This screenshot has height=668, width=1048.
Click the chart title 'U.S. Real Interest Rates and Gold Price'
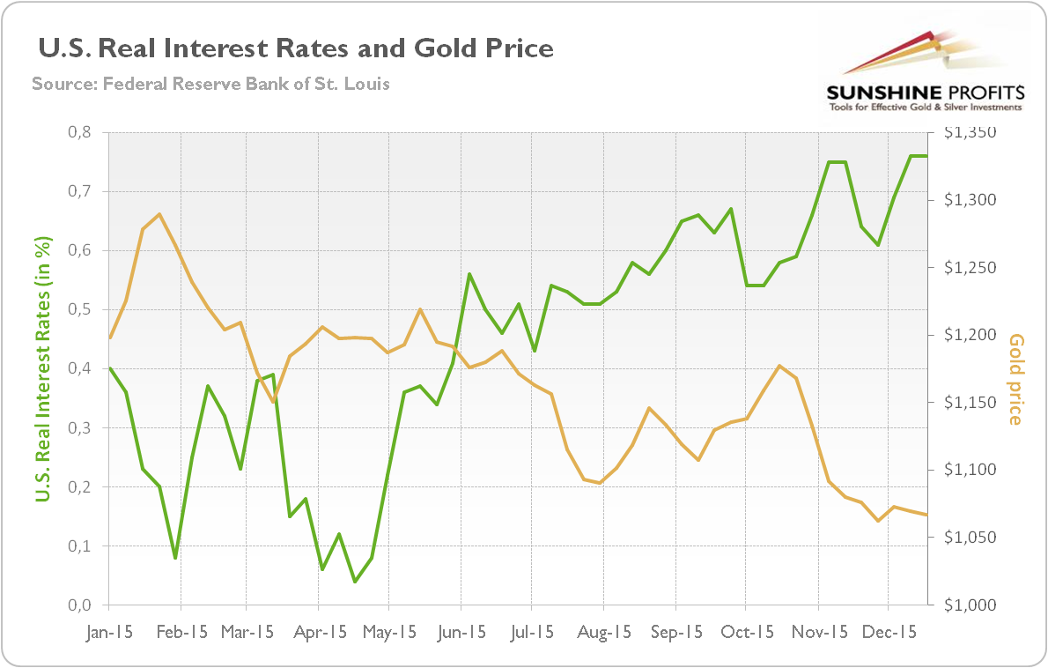tap(296, 48)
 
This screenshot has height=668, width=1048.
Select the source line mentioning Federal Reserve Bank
tap(210, 85)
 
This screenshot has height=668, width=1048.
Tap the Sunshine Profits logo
tap(924, 74)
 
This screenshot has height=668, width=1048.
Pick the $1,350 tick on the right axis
tap(971, 133)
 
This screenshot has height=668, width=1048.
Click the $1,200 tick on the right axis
tap(971, 336)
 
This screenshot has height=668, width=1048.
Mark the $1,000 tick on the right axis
tap(971, 605)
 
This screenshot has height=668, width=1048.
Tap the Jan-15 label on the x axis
tap(108, 632)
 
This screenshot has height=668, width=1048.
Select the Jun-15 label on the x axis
tap(461, 632)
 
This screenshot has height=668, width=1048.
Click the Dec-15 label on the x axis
tap(888, 632)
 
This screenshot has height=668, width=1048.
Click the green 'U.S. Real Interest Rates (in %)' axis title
tap(42, 369)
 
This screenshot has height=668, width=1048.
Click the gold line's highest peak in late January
tap(159, 214)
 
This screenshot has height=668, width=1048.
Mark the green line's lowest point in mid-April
tap(355, 582)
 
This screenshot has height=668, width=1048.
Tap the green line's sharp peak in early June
tap(469, 274)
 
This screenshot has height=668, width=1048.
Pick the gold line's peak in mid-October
tap(779, 366)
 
